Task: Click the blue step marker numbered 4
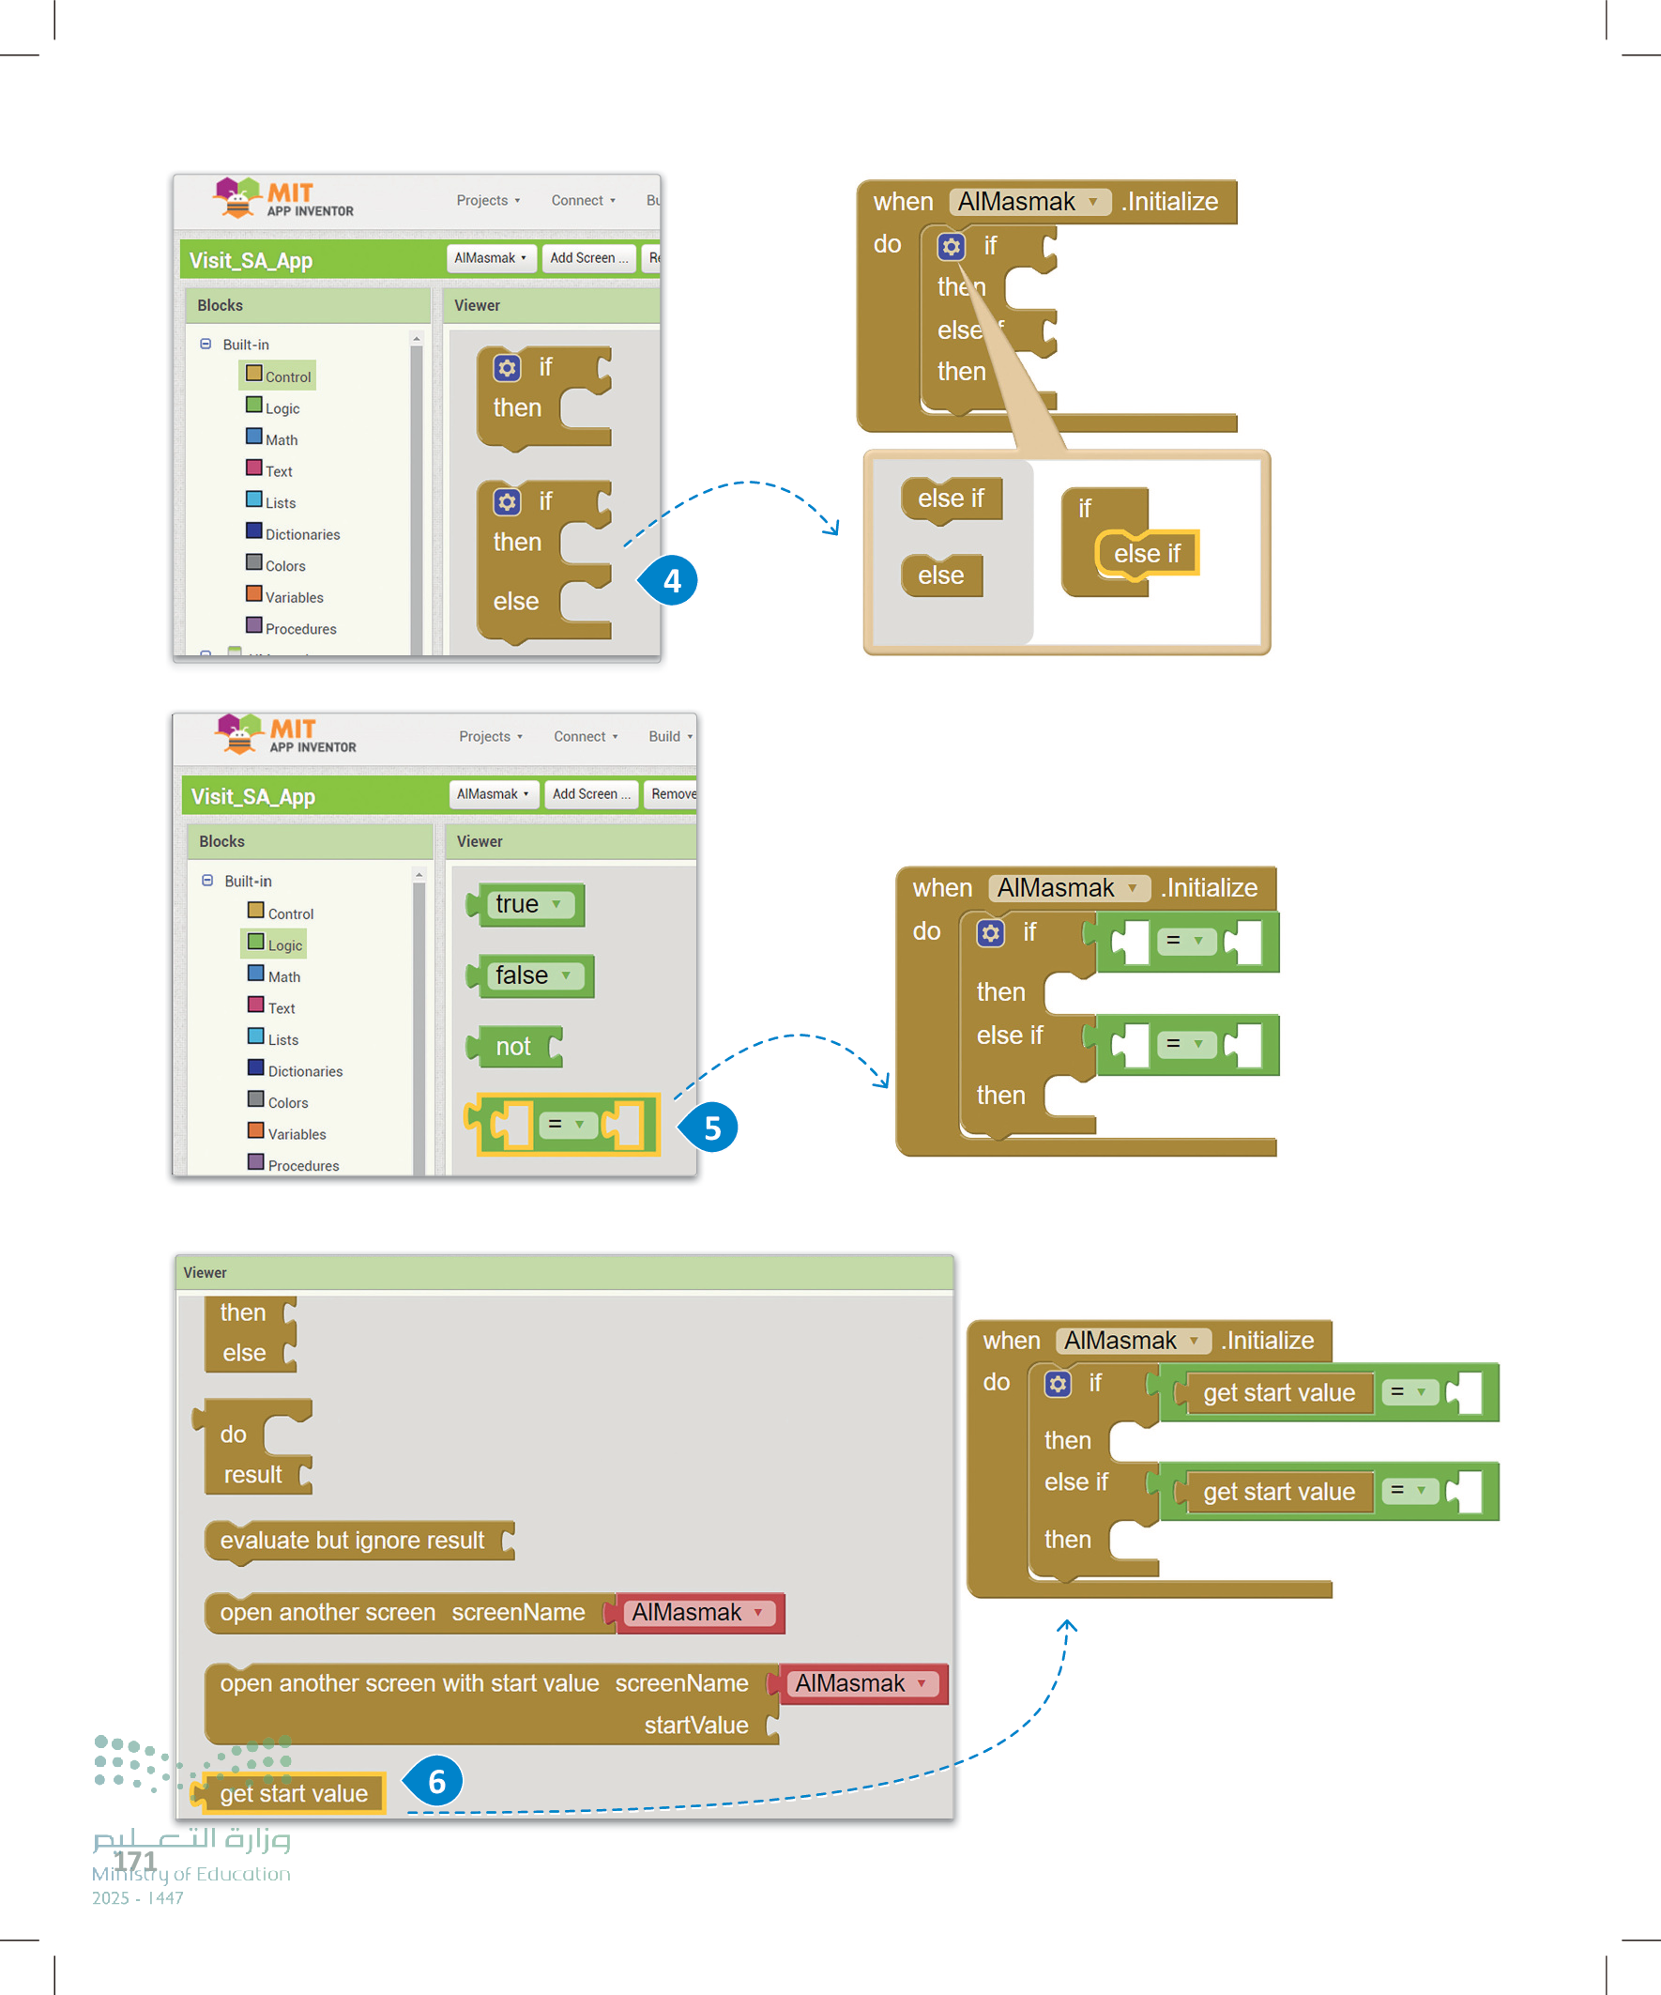671,580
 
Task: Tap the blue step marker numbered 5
711,1128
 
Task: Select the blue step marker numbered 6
436,1781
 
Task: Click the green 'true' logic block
528,904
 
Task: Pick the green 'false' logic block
533,975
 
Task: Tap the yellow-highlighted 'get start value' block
293,1793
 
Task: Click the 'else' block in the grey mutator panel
941,575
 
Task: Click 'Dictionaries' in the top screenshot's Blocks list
301,535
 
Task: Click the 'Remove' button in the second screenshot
671,794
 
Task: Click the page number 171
135,1861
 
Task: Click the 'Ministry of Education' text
190,1874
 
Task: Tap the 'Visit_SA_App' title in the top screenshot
251,260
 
